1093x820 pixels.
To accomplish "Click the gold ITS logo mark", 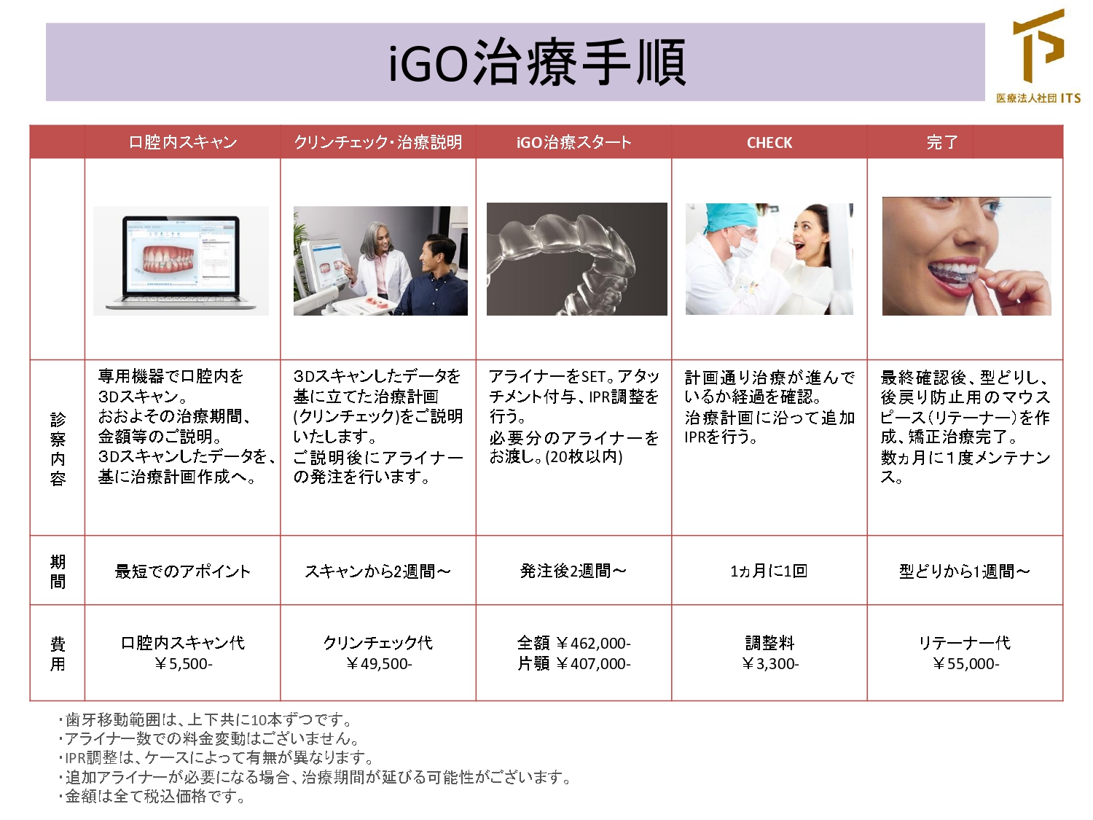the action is coord(1039,46).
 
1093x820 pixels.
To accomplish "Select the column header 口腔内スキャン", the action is coord(183,142).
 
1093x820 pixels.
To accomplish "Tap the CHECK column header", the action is coord(769,143).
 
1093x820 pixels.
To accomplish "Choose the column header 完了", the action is coord(942,142).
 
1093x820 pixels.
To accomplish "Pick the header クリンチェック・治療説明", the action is coord(378,142).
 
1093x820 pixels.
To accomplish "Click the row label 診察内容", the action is coord(58,448).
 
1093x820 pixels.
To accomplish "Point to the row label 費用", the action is coord(58,654).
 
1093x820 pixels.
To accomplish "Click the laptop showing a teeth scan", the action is coord(181,261).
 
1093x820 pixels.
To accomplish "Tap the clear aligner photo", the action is coord(576,259).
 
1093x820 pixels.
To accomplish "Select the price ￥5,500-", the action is coord(183,664).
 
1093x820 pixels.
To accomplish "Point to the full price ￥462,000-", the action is coord(593,644).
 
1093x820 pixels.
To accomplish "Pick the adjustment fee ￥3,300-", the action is coord(769,664).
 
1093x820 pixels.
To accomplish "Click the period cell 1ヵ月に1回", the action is coord(769,571).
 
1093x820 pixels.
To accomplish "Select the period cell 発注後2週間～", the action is coord(573,571).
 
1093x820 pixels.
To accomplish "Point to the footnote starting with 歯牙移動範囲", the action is coord(205,719).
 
